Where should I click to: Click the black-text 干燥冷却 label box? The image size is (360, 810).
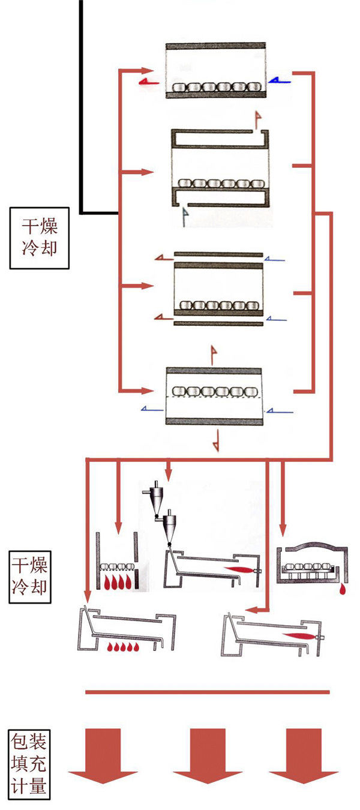point(40,238)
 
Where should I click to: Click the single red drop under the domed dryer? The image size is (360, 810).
point(342,590)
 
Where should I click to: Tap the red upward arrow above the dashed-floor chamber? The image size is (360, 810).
point(212,354)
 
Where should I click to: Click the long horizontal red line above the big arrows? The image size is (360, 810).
point(207,692)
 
